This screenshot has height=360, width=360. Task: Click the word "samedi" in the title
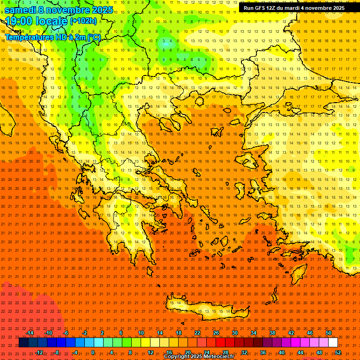[x=22, y=10]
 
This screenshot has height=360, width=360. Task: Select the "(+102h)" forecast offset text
[x=83, y=21]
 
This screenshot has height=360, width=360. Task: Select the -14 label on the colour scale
[x=30, y=333]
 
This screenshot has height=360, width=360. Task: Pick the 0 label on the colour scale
[x=93, y=352]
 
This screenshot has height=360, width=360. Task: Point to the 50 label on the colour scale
[x=328, y=333]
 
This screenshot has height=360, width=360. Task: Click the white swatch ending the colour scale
[x=333, y=343]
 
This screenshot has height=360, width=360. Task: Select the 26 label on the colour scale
[x=216, y=333]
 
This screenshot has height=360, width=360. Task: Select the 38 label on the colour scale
[x=272, y=333]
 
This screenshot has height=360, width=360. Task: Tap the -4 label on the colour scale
[x=75, y=352]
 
